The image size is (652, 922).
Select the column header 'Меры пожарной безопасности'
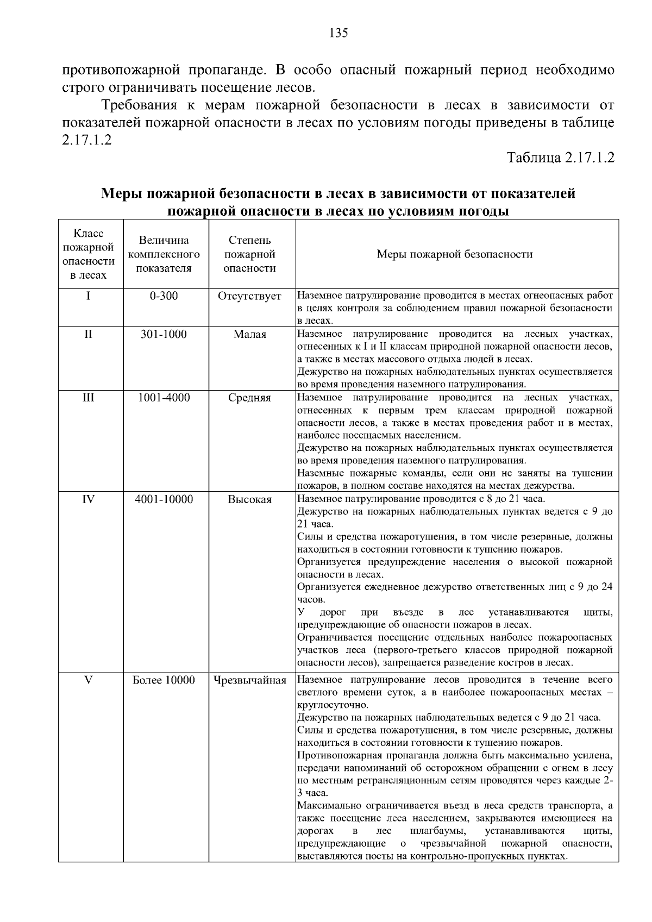tap(454, 254)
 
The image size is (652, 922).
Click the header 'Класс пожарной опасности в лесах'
tap(89, 254)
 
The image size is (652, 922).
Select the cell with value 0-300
tap(164, 296)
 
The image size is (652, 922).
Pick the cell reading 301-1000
tap(164, 334)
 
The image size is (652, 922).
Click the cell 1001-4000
tap(164, 398)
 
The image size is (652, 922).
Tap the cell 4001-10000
tap(164, 499)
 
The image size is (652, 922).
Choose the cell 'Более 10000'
tap(164, 680)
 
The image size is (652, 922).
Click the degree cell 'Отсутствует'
tap(249, 296)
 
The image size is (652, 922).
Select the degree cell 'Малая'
tap(249, 335)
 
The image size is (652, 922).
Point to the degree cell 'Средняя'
tap(249, 398)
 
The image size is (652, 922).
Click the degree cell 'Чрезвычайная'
tap(249, 680)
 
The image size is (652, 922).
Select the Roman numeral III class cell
tap(88, 398)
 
